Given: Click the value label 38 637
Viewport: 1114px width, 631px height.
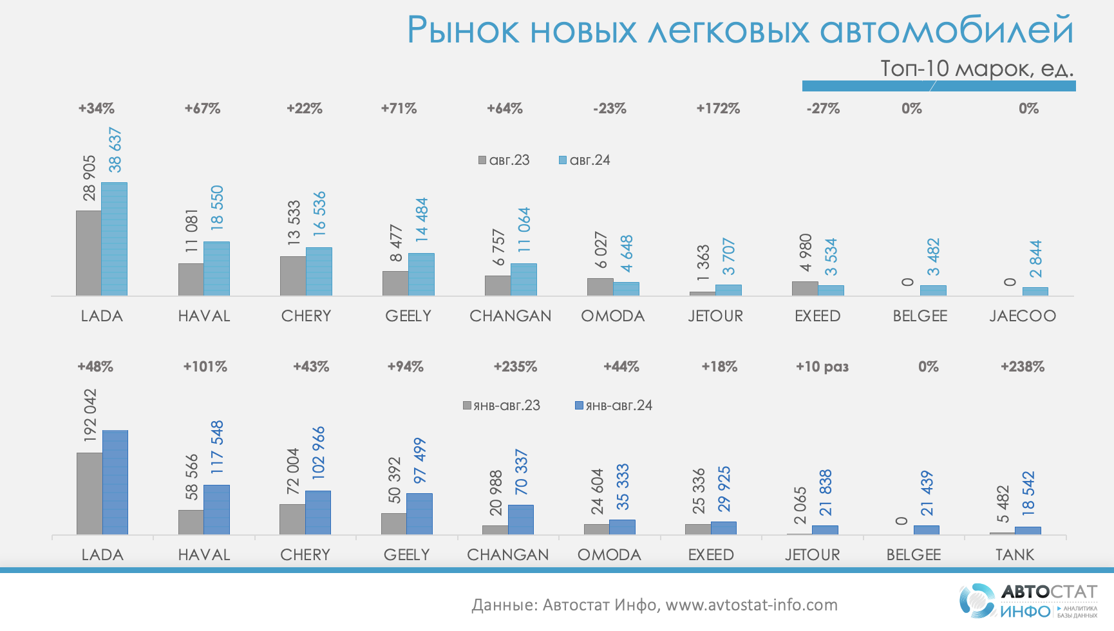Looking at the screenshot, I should (115, 150).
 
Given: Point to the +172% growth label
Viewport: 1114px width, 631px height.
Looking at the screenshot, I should (718, 109).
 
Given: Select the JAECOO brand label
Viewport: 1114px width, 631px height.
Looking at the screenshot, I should (1023, 316).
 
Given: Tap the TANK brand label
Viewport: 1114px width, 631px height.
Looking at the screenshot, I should (1015, 555).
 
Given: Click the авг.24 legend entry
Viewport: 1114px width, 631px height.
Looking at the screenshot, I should (585, 160).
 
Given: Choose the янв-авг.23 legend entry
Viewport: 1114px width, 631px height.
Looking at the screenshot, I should (502, 406).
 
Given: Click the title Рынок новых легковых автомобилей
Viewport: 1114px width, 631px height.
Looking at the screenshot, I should (740, 30).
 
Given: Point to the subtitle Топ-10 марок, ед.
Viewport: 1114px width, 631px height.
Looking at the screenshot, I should (976, 68).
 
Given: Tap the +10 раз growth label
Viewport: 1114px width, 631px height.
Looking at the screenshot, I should (822, 367).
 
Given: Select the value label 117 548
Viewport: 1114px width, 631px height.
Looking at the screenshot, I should (217, 447).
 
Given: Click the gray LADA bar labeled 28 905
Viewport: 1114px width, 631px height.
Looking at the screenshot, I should (89, 253).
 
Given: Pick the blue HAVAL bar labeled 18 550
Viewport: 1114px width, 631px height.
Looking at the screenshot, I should (216, 268).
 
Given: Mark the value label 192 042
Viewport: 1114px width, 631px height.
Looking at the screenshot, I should (90, 415).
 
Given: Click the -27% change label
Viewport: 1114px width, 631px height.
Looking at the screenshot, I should (823, 109).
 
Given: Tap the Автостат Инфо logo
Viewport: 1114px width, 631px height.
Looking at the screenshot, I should (1028, 601).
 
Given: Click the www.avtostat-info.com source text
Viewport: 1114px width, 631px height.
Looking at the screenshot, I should (751, 605).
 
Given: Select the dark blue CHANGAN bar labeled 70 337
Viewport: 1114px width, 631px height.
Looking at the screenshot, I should (521, 520).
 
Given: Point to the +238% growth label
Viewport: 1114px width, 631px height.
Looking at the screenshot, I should (1023, 367).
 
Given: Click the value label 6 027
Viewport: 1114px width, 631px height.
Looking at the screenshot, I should (601, 250).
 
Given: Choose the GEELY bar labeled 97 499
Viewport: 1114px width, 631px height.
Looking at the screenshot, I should (419, 514).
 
